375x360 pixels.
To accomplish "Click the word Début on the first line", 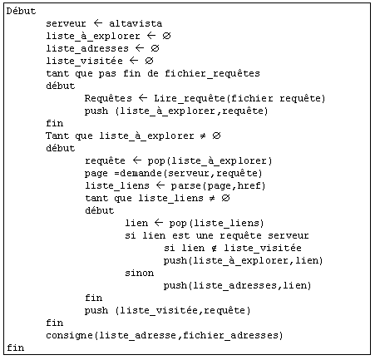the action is (21, 12).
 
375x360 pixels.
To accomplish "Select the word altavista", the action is (136, 24).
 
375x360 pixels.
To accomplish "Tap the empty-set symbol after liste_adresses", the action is (155, 48).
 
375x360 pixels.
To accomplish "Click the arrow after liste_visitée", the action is (134, 61).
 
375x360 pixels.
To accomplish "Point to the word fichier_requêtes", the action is (212, 74).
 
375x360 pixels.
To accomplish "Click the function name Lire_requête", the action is (192, 99).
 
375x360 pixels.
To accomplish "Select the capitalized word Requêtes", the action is (108, 99).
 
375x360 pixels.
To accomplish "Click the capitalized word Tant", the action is (57, 136).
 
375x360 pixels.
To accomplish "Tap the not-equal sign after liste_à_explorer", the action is (203, 136).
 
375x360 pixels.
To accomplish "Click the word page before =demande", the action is (96, 174).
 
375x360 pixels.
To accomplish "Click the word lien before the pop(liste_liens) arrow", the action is (136, 223).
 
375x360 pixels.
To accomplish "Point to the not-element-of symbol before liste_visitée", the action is (214, 248).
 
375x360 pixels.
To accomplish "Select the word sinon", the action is (139, 273).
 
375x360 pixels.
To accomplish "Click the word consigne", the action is (69, 336).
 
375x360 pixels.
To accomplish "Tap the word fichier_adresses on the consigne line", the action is (230, 336).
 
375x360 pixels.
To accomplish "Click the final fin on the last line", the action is (16, 348).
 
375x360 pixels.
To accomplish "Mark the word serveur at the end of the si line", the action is (288, 235).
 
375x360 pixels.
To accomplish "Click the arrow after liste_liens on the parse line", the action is (160, 185).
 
